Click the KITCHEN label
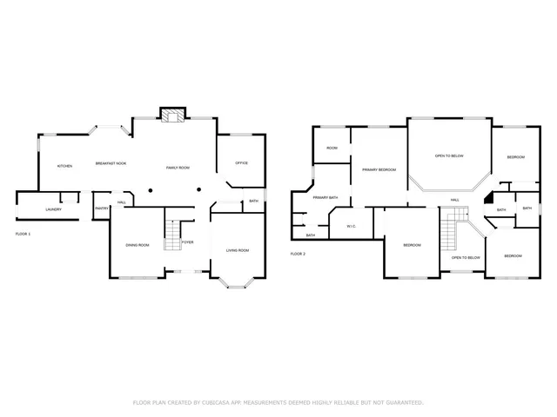[x=64, y=166]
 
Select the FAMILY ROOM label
[x=178, y=167]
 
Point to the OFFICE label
[x=242, y=162]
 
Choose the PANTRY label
[x=101, y=208]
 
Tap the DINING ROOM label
[x=138, y=245]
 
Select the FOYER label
[x=187, y=242]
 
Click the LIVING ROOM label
[x=238, y=250]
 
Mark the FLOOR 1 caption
[x=23, y=235]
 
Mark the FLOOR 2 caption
[x=298, y=254]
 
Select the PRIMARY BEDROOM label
[x=379, y=169]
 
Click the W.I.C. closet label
[x=351, y=226]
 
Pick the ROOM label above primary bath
[x=332, y=149]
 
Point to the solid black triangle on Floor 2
[x=490, y=197]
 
